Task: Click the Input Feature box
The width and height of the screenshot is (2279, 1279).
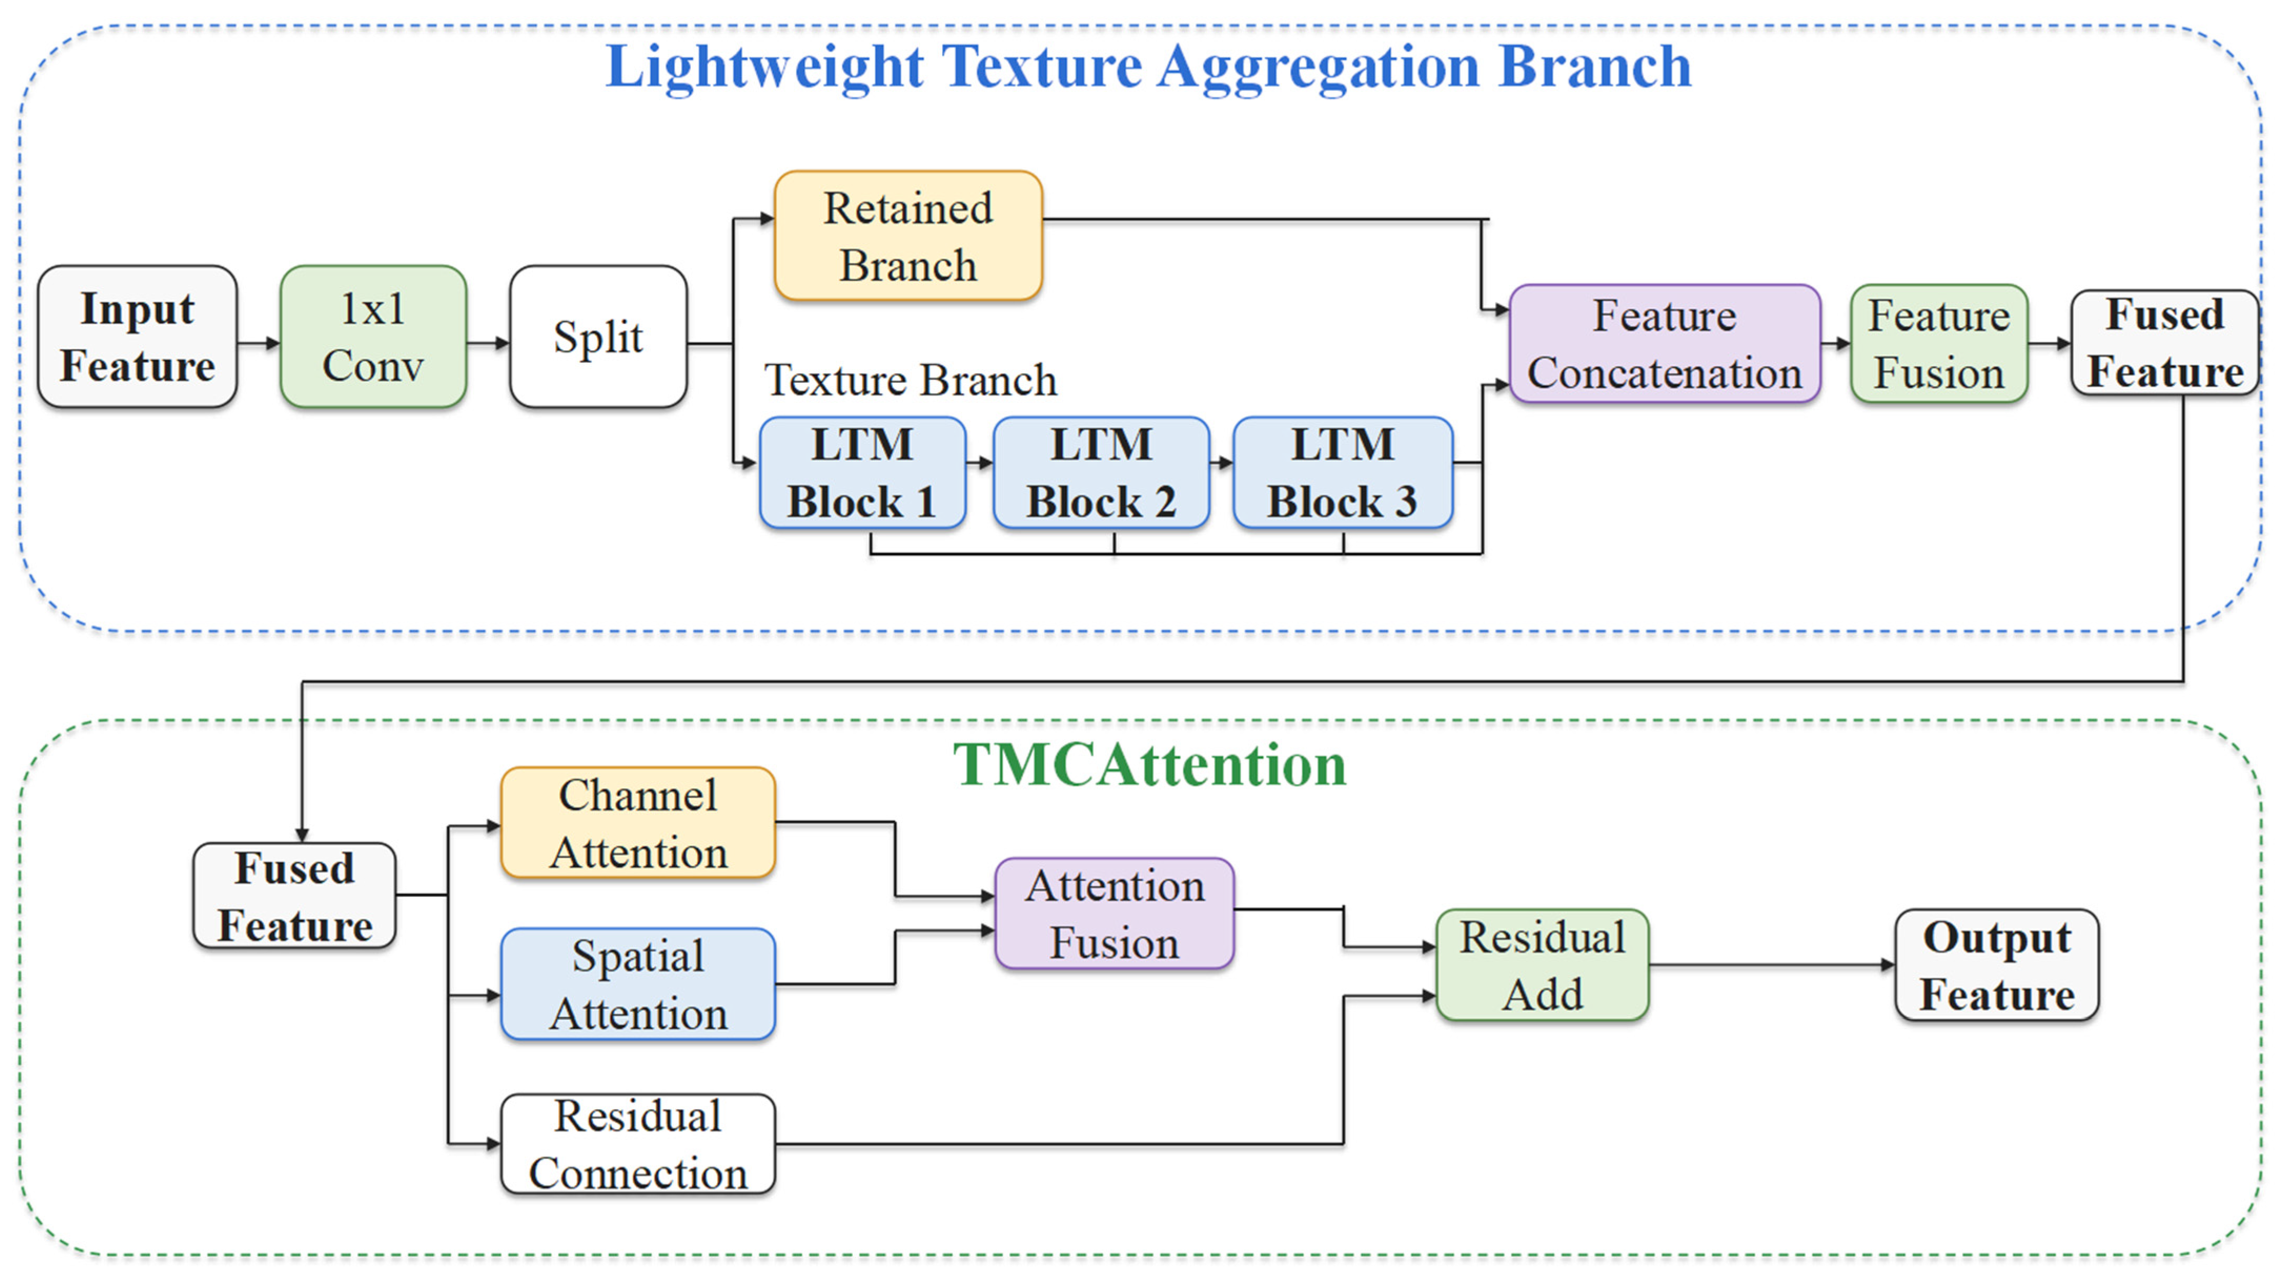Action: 137,337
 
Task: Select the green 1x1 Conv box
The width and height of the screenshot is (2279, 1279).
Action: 373,337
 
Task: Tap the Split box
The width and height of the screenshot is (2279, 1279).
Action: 598,337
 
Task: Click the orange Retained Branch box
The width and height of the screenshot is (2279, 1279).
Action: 908,236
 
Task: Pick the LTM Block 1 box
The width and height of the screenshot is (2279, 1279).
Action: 863,473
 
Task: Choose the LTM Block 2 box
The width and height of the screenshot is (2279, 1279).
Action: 1101,473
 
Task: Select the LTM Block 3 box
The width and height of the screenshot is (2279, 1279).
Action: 1343,473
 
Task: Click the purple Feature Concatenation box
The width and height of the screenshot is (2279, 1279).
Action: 1665,343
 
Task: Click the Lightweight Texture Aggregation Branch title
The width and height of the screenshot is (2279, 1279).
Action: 1148,67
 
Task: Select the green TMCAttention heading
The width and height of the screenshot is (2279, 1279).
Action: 1149,765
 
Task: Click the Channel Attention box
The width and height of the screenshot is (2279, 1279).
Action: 638,823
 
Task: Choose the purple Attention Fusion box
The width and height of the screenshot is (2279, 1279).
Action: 1115,913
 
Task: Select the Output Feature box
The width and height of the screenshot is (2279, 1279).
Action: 1997,966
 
